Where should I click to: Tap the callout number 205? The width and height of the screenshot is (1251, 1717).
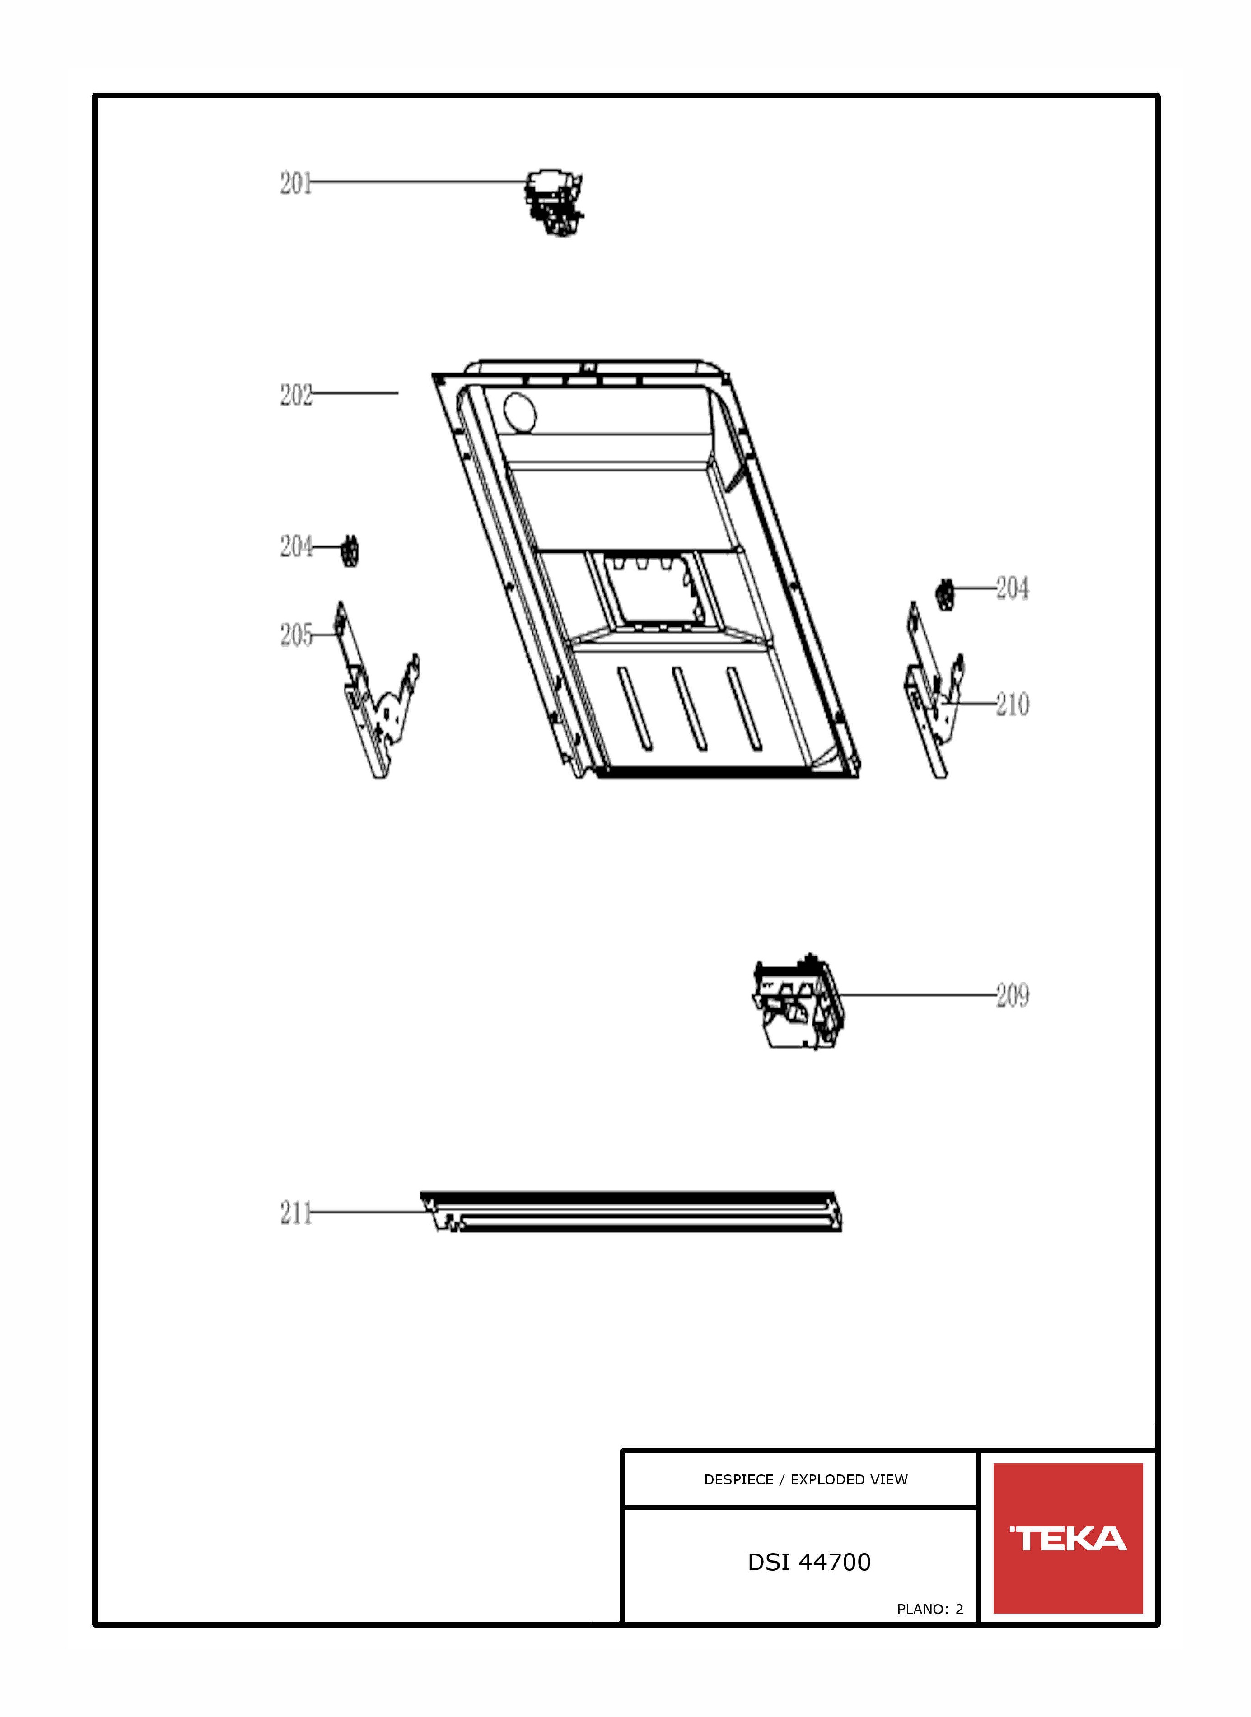click(x=295, y=635)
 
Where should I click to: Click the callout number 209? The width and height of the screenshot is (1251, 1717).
click(x=1013, y=995)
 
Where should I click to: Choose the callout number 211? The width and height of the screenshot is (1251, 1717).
click(x=295, y=1213)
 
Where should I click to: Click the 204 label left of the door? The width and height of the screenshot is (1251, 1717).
click(x=295, y=546)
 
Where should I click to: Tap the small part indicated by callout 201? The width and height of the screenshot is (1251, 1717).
click(x=555, y=203)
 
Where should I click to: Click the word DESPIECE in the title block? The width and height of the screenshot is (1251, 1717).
click(x=738, y=1480)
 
